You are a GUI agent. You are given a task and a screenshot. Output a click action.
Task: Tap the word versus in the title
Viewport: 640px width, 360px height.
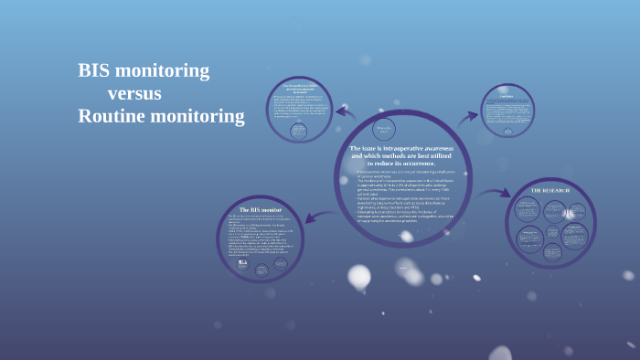(134, 93)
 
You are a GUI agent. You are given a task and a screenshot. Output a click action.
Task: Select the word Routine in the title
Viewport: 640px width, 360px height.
(111, 116)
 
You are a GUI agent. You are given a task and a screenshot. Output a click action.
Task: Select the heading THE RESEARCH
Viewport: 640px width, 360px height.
(550, 190)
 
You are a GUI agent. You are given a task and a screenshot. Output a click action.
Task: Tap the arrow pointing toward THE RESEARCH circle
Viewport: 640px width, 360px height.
(495, 193)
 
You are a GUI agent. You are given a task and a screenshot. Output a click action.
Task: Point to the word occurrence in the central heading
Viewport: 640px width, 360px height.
(417, 163)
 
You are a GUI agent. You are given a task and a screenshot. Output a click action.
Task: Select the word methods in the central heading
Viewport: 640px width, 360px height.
(404, 155)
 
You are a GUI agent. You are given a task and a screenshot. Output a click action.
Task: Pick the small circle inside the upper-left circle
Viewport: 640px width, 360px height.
(299, 131)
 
